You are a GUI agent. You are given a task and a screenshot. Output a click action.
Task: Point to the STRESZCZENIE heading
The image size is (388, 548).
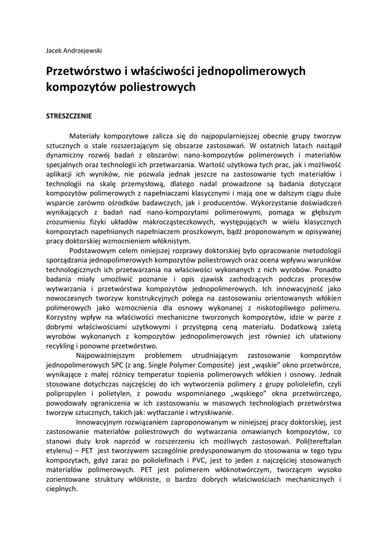click(x=69, y=116)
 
